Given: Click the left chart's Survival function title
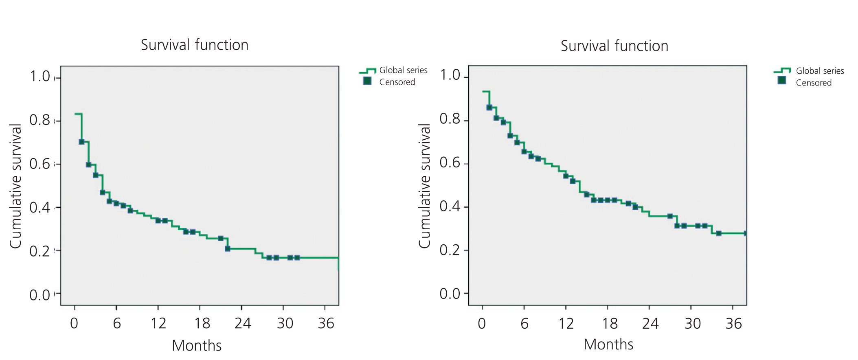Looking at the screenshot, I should (x=194, y=45).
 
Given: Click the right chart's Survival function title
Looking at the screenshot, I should (x=614, y=46).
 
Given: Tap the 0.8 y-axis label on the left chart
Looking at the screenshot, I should (x=39, y=120).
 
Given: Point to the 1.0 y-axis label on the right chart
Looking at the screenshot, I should (x=450, y=75).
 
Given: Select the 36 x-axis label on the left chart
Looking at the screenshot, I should (x=326, y=323).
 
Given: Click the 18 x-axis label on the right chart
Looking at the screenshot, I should (x=610, y=324).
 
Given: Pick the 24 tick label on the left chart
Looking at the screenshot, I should (x=243, y=323).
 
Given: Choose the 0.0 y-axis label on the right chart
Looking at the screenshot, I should (x=450, y=294).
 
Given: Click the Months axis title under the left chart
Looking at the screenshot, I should (x=197, y=345).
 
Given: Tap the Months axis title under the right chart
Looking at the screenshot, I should (x=608, y=345).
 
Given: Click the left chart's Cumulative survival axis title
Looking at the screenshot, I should (x=15, y=186).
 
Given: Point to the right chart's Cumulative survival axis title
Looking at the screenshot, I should (x=424, y=186).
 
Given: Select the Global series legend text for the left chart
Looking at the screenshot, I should (x=403, y=70).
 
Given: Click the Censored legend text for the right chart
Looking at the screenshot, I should (x=814, y=83).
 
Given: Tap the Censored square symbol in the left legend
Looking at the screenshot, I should (x=367, y=81).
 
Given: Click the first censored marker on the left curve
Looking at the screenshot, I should (x=81, y=142).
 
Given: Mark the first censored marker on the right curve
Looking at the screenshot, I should (x=489, y=108).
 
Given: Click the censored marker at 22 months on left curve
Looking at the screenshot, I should (x=227, y=248).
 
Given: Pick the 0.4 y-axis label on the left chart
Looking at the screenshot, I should (x=39, y=208).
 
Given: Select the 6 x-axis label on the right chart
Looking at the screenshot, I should (x=524, y=324).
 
